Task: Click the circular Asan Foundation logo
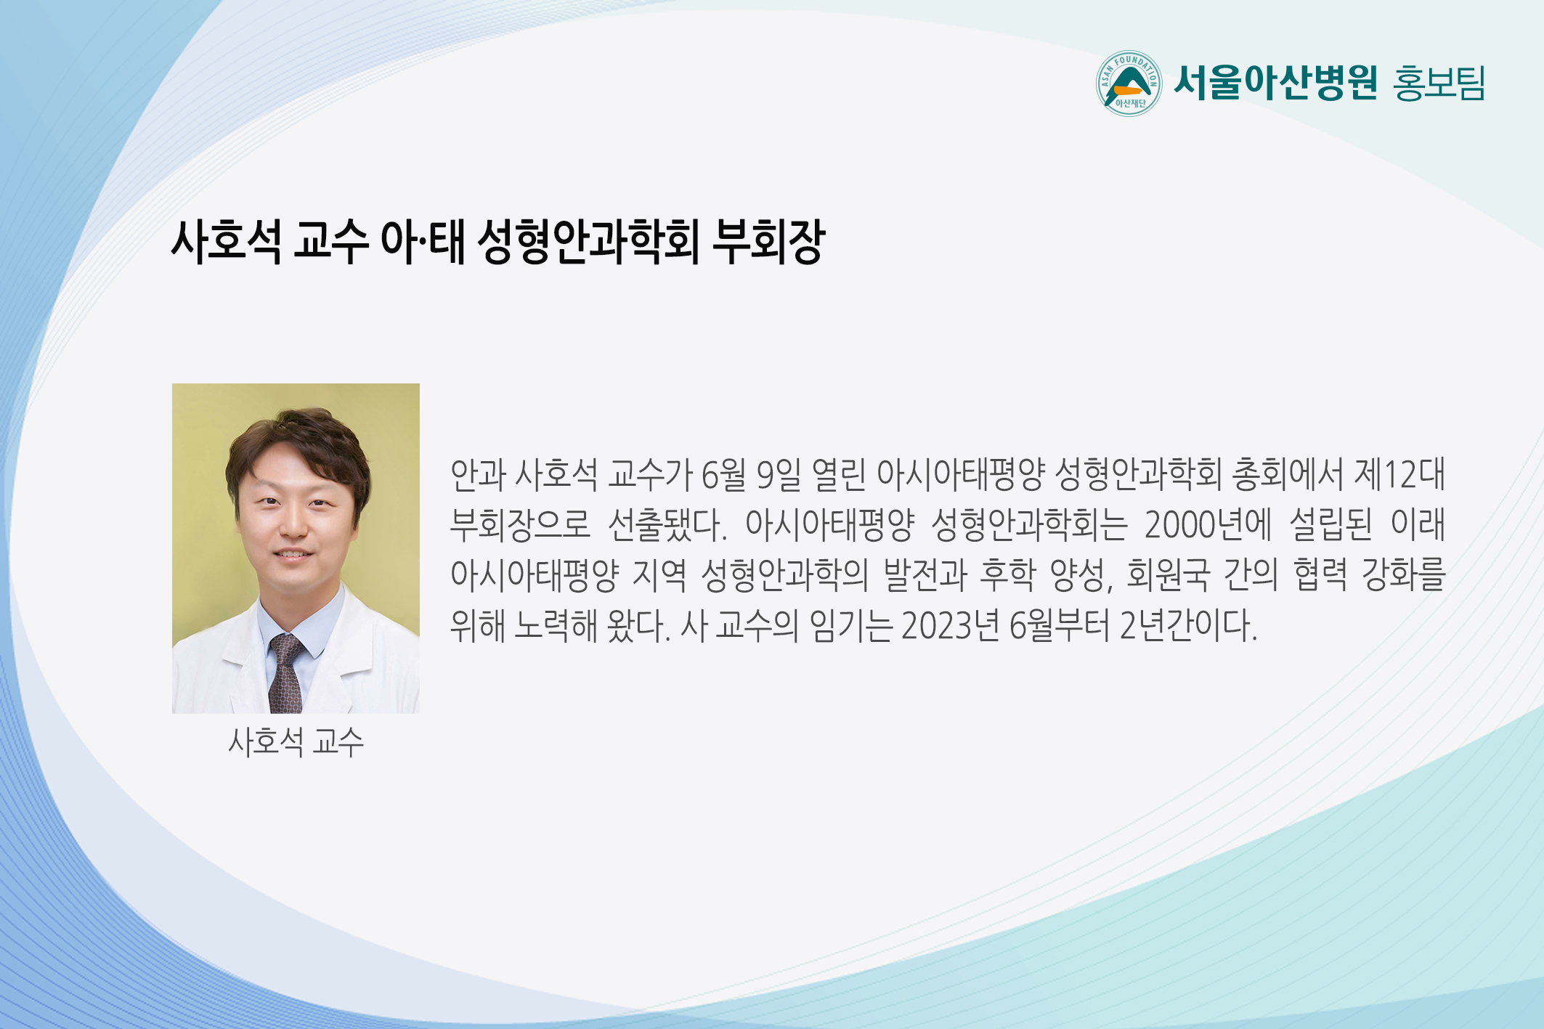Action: (x=1129, y=84)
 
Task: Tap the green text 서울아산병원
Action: (x=1275, y=82)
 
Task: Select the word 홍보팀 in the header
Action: (x=1439, y=83)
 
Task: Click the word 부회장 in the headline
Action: (x=769, y=241)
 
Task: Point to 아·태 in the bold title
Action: (x=423, y=241)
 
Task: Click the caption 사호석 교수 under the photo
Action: (x=296, y=742)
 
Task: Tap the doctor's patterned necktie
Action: (x=286, y=673)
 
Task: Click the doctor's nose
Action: (x=294, y=525)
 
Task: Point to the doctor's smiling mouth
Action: (x=293, y=556)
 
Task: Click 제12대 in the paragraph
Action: (x=1399, y=474)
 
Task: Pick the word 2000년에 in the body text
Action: (x=1208, y=524)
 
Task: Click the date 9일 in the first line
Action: (x=779, y=474)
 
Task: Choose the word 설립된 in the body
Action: (x=1330, y=524)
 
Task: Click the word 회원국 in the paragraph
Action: (x=1168, y=574)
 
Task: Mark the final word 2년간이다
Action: (x=1188, y=625)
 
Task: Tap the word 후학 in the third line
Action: (x=1008, y=574)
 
